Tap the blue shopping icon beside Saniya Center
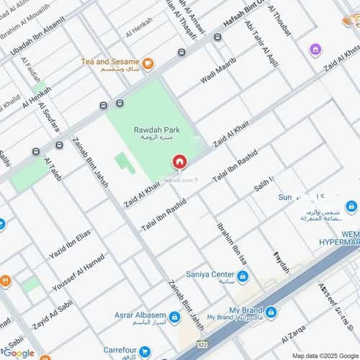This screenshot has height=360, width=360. click(x=243, y=276)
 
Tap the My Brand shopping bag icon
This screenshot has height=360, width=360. click(x=271, y=312)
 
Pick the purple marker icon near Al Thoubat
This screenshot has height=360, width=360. click(x=315, y=50)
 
